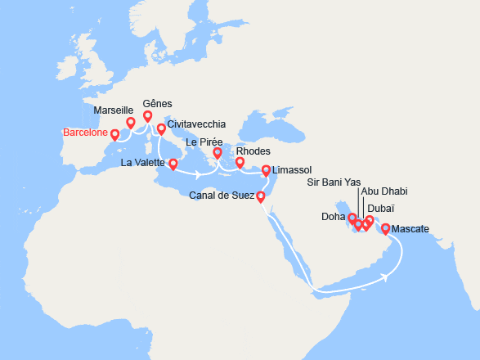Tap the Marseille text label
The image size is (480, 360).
click(x=114, y=110)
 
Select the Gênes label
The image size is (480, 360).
click(x=157, y=105)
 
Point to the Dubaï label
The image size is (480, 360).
click(x=382, y=209)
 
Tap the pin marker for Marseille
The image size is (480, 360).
click(x=130, y=123)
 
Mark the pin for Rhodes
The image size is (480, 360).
click(x=240, y=163)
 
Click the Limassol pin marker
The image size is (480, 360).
click(x=266, y=170)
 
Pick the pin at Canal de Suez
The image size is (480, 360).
click(x=260, y=196)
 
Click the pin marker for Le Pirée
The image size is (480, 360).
click(x=218, y=153)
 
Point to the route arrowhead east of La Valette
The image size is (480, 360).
click(x=199, y=175)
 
